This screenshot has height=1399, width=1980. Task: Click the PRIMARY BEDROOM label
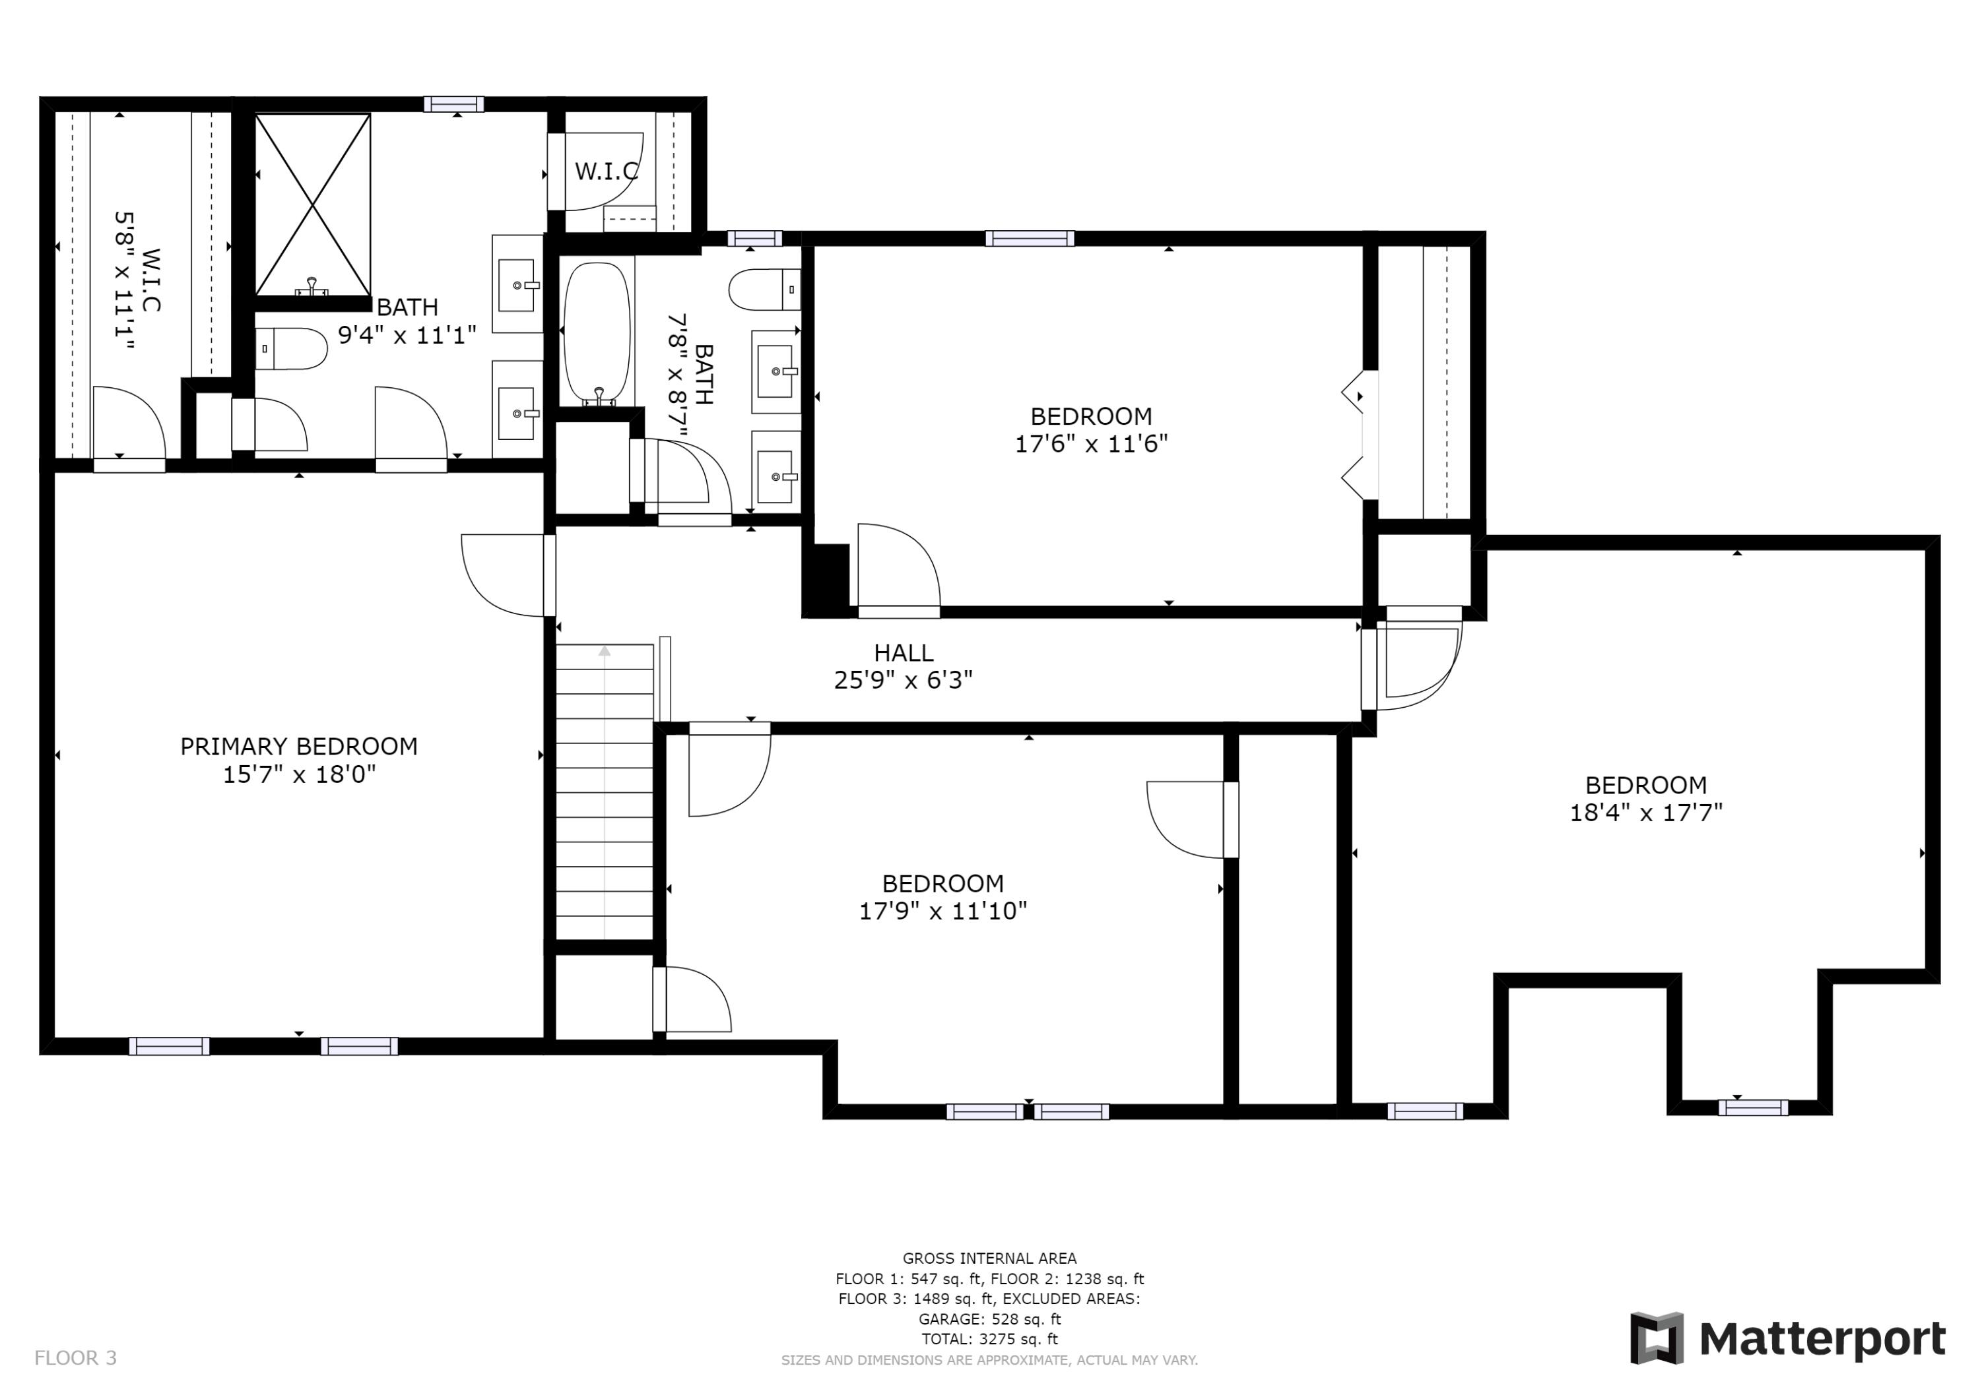point(298,747)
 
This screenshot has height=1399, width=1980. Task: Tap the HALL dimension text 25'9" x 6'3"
point(903,681)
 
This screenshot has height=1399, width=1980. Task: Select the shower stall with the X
point(313,205)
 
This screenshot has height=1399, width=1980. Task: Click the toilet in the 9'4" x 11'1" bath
point(292,349)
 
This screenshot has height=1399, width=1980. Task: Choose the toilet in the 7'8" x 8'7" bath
point(765,290)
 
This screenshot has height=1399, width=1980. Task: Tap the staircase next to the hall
point(605,792)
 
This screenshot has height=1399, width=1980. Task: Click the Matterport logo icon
point(1657,1339)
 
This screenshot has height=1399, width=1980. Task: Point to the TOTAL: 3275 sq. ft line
point(989,1340)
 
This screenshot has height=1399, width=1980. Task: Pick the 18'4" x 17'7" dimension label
point(1645,813)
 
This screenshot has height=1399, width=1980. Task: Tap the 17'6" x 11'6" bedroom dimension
point(1091,444)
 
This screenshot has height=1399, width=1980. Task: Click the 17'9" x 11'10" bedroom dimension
point(942,911)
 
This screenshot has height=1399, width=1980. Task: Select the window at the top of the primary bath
point(453,104)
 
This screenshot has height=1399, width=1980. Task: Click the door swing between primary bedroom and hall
point(504,576)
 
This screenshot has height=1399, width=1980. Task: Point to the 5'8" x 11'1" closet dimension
point(125,280)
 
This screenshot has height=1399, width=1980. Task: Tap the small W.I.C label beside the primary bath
point(607,171)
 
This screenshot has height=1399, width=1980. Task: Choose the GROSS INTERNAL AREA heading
point(989,1259)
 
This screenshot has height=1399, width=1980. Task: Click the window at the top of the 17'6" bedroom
point(1030,239)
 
